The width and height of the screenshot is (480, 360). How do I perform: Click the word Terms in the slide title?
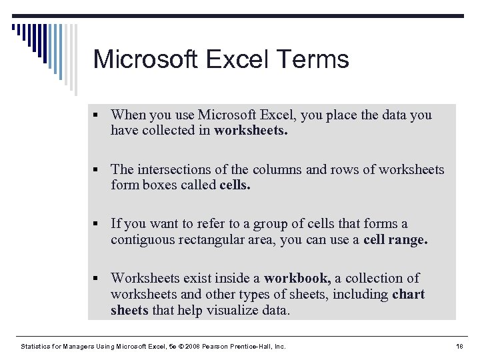[x=316, y=59]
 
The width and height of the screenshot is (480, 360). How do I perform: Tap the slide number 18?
[x=458, y=347]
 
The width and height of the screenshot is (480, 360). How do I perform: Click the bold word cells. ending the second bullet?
[x=235, y=186]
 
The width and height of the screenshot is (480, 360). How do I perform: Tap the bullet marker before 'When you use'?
[x=99, y=115]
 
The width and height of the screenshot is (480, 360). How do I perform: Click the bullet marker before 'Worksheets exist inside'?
[x=99, y=279]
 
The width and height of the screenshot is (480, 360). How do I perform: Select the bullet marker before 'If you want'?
[x=99, y=224]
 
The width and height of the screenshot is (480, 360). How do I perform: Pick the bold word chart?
[x=409, y=294]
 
